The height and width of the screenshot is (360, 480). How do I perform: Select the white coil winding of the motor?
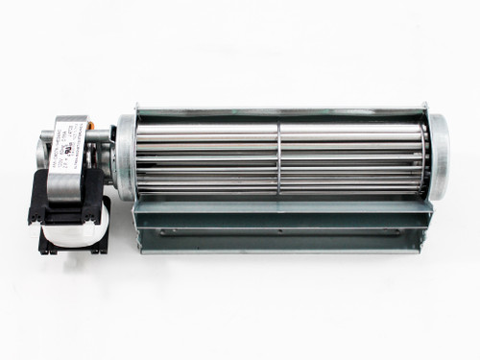(72, 222)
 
